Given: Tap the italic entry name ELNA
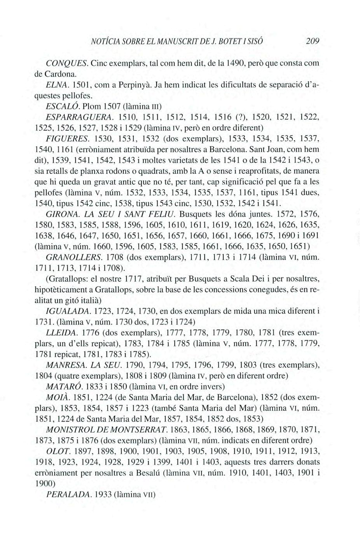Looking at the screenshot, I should click(x=57, y=84).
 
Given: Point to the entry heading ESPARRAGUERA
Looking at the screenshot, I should click(x=80, y=117).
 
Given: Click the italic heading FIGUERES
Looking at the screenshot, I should click(x=68, y=138).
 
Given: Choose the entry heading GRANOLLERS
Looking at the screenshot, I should click(x=74, y=257).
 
